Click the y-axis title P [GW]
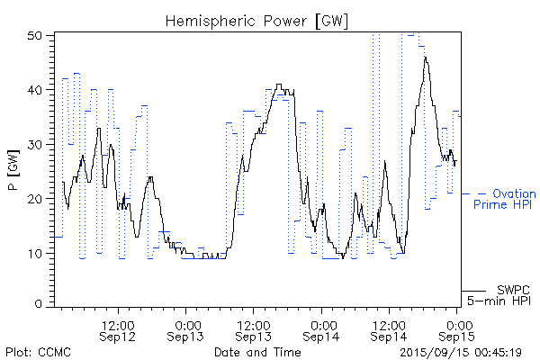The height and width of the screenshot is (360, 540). tap(13, 168)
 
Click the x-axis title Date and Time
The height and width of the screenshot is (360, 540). tap(257, 352)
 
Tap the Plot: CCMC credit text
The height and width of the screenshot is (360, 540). tap(35, 352)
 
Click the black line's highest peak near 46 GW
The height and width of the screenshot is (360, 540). tap(426, 58)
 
